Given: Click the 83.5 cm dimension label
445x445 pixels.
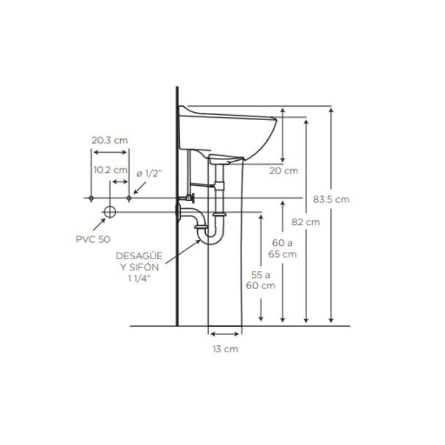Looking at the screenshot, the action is [331, 199].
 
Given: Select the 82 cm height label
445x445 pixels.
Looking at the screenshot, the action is [305, 221].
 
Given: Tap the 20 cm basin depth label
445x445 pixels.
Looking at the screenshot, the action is [284, 171].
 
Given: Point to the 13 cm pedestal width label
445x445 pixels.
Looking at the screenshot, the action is [225, 349].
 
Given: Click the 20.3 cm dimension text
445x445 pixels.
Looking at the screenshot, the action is [110, 140].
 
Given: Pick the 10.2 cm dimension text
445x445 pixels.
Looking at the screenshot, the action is [110, 170].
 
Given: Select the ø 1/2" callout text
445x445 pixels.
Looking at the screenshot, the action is [149, 173].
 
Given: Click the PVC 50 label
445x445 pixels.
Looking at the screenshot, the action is [93, 239].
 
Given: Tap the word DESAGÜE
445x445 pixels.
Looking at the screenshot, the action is [139, 256].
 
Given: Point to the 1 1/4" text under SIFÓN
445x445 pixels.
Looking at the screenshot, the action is [139, 279].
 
